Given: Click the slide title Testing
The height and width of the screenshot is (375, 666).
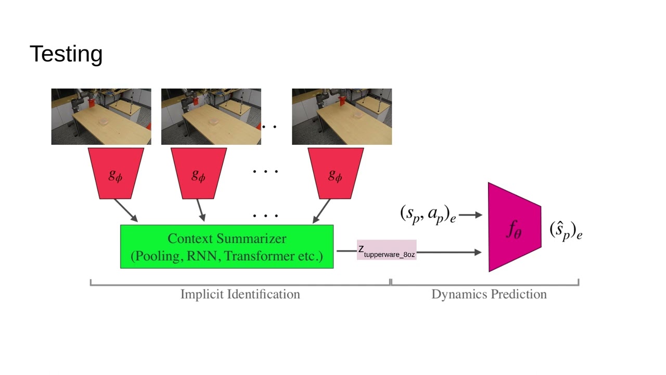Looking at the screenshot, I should coord(66,54).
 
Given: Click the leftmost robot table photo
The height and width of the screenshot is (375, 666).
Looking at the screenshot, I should coord(101,117).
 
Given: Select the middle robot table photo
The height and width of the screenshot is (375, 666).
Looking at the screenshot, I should coord(211,117).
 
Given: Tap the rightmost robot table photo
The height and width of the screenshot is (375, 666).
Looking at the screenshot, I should coord(341,117).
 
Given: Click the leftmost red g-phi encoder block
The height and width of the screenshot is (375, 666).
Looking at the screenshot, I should coord(116,174).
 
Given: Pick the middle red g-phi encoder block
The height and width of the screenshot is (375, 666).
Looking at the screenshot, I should coord(198,174).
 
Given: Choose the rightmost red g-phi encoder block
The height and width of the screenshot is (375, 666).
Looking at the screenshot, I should coord(335,174).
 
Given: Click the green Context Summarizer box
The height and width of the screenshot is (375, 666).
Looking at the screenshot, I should coord(226,247).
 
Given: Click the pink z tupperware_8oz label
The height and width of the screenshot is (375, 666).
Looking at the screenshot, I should coord(387,250).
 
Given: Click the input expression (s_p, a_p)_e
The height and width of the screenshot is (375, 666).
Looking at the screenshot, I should coord(428,214).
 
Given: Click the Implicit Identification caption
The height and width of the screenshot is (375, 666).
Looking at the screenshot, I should coord(240,294).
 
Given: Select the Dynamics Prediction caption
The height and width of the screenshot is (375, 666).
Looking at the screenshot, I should coord(489,294).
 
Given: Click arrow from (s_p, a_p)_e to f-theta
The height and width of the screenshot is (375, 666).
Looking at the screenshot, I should coord(471,215).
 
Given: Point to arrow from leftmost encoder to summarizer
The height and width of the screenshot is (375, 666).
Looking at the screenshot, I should coord(125,210).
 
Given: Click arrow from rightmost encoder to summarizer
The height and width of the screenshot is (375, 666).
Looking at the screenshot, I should coord(322,211).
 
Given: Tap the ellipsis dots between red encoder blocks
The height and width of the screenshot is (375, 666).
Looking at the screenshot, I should coord(265,171).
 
